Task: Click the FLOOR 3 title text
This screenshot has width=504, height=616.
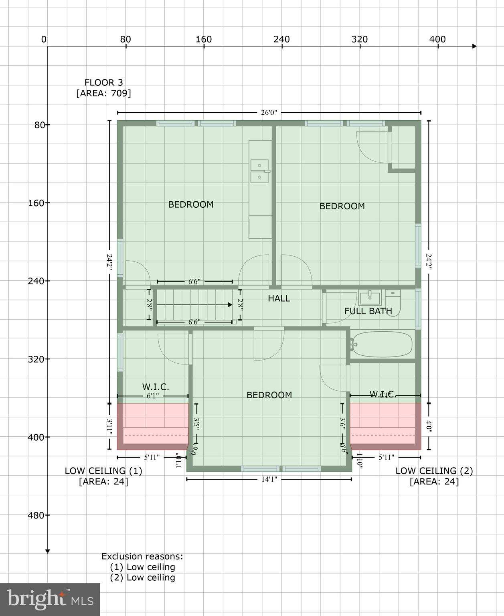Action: click(x=103, y=83)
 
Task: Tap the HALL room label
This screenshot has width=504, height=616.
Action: click(x=279, y=298)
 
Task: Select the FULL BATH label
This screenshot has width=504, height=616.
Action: click(x=368, y=311)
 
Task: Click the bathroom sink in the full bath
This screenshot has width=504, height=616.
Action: click(x=370, y=298)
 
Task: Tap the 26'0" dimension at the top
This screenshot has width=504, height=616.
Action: click(x=269, y=113)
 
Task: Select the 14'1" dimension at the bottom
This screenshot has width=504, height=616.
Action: click(x=269, y=479)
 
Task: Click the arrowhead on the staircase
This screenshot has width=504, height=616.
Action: click(x=230, y=305)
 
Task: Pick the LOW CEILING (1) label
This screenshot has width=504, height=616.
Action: click(x=103, y=471)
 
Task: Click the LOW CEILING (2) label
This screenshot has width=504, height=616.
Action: click(x=434, y=471)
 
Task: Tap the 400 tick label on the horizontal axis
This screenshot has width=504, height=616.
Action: click(x=437, y=39)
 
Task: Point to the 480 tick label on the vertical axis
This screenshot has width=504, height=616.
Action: click(x=36, y=515)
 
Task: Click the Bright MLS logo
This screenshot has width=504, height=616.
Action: click(x=50, y=599)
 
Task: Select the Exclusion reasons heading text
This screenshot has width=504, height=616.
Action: click(x=142, y=556)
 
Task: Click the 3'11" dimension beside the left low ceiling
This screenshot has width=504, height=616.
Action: click(x=109, y=427)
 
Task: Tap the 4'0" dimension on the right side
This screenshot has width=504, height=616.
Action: click(x=429, y=427)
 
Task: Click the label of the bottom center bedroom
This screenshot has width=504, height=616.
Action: click(x=269, y=395)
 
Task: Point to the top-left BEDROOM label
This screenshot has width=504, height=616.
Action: click(x=190, y=205)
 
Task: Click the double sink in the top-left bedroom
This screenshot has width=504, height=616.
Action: click(x=259, y=171)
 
